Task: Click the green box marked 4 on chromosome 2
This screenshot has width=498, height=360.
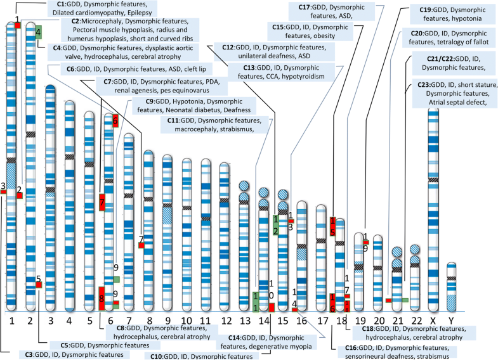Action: pos(39,32)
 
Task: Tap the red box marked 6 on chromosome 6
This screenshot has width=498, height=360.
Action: pos(115,120)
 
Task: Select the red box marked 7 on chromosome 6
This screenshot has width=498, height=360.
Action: pos(102,202)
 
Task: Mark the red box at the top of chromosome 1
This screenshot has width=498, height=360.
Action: pos(18,24)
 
